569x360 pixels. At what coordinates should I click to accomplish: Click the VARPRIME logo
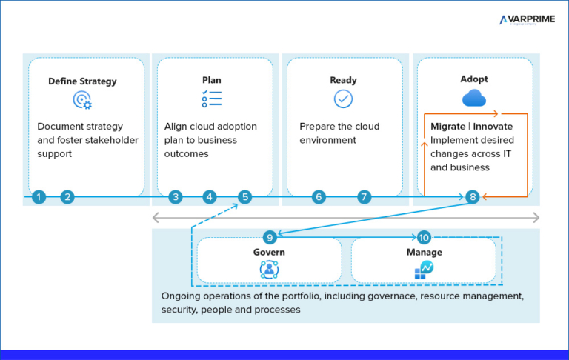tap(527, 20)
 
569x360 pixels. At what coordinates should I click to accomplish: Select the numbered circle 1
tap(39, 197)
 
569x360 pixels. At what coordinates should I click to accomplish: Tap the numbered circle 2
tap(67, 197)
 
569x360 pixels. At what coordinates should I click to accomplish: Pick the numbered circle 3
tap(175, 197)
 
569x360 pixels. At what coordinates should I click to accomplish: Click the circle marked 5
tap(245, 197)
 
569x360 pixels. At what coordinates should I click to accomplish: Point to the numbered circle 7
tap(364, 197)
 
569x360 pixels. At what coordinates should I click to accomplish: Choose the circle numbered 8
tap(473, 197)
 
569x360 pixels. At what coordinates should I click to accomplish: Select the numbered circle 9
tap(270, 237)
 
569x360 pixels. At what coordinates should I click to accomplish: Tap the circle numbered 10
tap(424, 237)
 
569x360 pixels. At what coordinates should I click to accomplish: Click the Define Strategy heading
tap(82, 81)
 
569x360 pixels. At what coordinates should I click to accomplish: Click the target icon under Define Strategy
tap(82, 100)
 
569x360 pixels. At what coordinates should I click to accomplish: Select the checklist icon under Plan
tap(211, 99)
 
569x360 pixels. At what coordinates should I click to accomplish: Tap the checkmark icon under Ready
tap(343, 99)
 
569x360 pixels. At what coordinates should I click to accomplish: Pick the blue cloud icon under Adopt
tap(474, 99)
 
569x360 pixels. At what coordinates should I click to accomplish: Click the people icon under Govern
tap(269, 270)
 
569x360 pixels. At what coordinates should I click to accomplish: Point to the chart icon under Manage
tap(424, 270)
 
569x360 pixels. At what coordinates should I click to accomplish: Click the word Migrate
tap(448, 127)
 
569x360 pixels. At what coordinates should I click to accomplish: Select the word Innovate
tap(493, 127)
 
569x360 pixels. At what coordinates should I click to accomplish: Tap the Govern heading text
tap(269, 252)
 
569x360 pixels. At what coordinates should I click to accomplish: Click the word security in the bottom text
tap(180, 310)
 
